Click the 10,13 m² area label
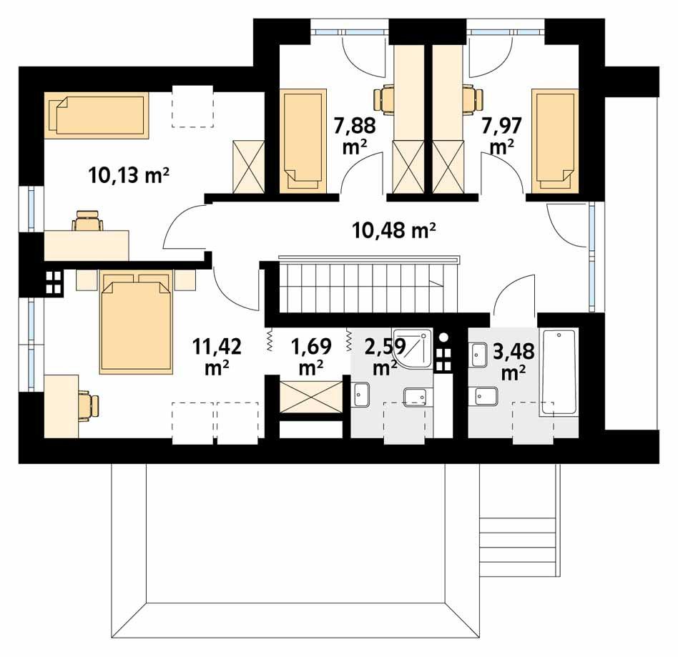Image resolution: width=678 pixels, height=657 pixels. tap(129, 175)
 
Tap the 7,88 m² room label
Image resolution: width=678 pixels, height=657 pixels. tap(355, 136)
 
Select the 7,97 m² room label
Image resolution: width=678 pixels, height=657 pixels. tap(501, 136)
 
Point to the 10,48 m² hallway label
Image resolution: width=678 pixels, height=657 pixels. tap(394, 230)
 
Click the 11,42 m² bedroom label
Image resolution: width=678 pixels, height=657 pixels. tap(217, 357)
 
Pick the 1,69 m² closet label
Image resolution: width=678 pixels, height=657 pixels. tap(311, 357)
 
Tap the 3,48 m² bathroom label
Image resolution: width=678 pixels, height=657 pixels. tap(514, 361)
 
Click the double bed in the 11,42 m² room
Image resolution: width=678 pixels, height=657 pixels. tap(136, 322)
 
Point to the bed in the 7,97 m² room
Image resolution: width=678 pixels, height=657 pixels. tap(555, 140)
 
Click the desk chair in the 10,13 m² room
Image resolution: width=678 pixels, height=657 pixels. tap(88, 220)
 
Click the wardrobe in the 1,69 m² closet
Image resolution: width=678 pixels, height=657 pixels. tap(311, 396)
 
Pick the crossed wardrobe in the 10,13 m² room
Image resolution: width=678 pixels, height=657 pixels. tap(249, 167)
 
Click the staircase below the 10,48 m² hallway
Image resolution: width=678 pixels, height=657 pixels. tap(368, 285)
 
